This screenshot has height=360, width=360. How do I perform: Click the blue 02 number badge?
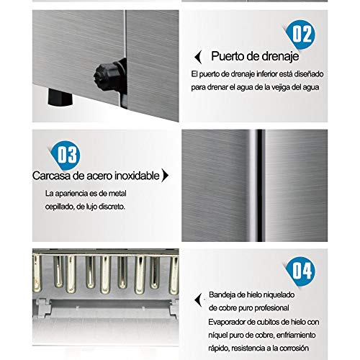tap(301, 35)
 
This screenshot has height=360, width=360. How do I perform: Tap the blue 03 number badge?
tap(66, 155)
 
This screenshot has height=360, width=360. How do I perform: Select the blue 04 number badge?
tap(301, 271)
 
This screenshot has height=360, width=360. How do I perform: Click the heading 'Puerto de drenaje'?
tap(255, 57)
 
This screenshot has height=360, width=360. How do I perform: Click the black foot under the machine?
tap(60, 97)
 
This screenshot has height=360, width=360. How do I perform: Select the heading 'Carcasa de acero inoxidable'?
tap(96, 176)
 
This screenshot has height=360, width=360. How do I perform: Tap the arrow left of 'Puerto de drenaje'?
tap(198, 57)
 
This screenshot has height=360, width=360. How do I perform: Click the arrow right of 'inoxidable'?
tap(165, 175)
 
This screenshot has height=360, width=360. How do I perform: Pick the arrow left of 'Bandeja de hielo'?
tap(198, 300)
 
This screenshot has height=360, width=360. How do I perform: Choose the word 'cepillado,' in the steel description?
tap(60, 207)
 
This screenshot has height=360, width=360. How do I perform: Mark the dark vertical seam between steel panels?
tap(260, 186)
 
